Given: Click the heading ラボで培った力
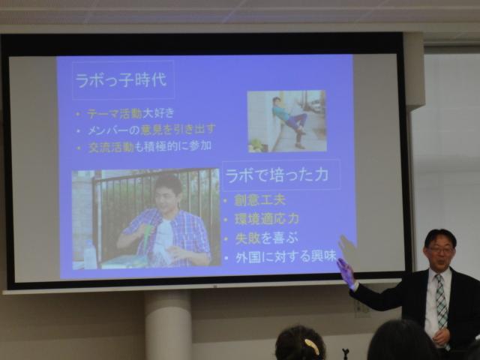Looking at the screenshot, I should pyautogui.click(x=280, y=175).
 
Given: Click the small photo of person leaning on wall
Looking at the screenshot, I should pyautogui.click(x=286, y=121).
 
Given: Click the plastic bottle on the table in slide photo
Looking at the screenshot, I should pyautogui.click(x=90, y=254).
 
